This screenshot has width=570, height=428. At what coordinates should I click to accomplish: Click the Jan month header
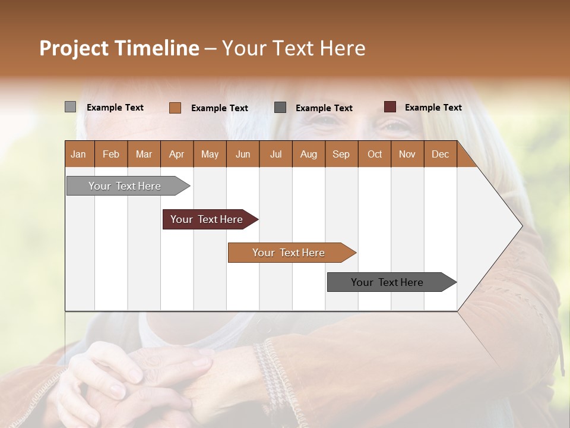coord(78,154)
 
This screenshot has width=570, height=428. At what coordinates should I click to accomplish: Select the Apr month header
coord(176,154)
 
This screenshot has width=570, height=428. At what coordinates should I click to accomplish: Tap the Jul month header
coord(275,154)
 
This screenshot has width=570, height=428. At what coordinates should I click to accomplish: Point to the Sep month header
coord(341,154)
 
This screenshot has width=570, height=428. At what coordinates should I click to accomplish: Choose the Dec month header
coord(440,154)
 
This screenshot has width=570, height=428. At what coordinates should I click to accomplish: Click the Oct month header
coord(374,154)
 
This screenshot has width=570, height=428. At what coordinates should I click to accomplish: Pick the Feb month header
coord(111,154)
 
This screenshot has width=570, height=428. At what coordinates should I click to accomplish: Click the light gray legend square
coord(70,107)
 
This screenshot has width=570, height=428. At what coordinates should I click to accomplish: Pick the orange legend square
coord(175,108)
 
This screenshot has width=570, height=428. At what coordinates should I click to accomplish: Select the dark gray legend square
coord(280,108)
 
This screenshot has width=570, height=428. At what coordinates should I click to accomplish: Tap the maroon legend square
coord(389,107)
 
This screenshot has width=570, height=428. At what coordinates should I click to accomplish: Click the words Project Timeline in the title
coord(119,48)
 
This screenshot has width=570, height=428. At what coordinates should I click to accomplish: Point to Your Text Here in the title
coord(293,48)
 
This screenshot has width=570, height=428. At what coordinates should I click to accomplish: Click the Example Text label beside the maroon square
coord(433,108)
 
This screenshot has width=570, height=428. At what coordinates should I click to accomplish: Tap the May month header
coord(210,154)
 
